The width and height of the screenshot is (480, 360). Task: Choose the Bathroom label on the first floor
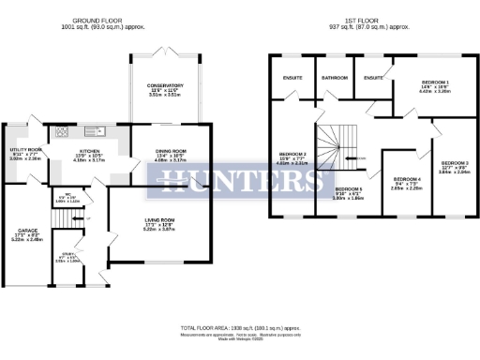[x=334, y=78]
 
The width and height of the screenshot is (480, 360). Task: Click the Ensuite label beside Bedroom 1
[x=373, y=78]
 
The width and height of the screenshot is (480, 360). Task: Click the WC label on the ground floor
[x=60, y=197]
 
